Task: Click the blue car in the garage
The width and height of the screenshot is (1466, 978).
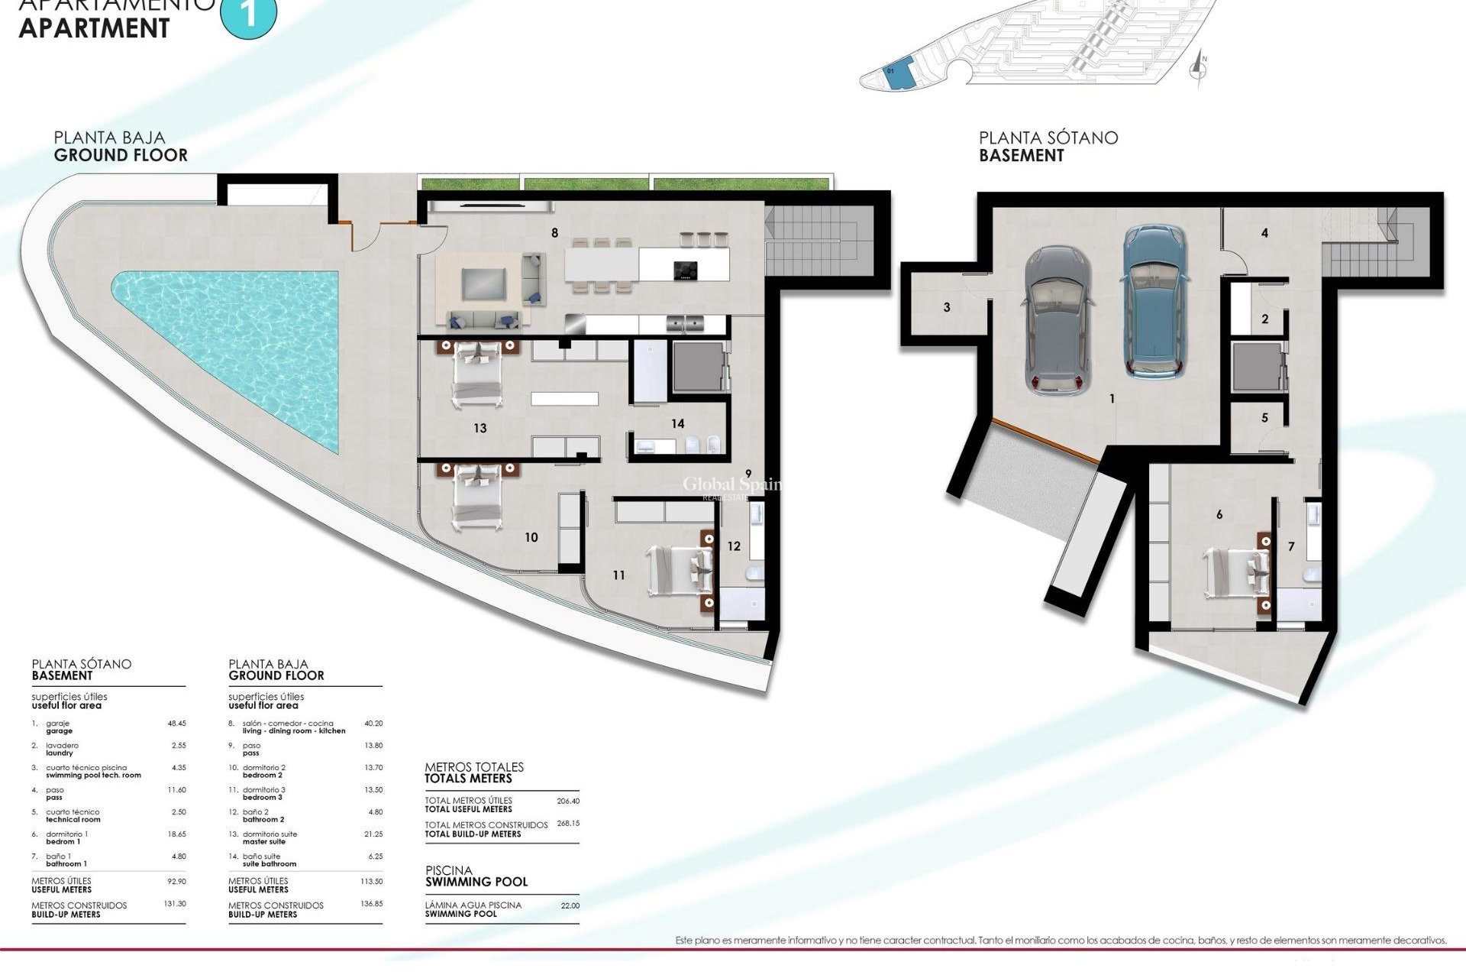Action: (1156, 301)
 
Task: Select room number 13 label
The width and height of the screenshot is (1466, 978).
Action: (480, 428)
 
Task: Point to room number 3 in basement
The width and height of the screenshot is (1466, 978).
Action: (947, 307)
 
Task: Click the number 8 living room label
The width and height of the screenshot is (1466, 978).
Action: (555, 233)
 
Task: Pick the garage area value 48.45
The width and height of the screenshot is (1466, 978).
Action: (176, 723)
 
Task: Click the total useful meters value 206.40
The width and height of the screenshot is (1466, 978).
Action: (568, 802)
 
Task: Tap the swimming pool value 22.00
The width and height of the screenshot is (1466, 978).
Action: (570, 905)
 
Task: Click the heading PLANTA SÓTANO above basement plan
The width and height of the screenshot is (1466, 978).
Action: (1048, 138)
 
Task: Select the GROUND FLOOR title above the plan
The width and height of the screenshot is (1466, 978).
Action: (121, 155)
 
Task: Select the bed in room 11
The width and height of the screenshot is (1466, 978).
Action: (680, 569)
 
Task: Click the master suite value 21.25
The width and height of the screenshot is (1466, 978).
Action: (373, 834)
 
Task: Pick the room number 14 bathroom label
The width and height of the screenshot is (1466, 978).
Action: (677, 423)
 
